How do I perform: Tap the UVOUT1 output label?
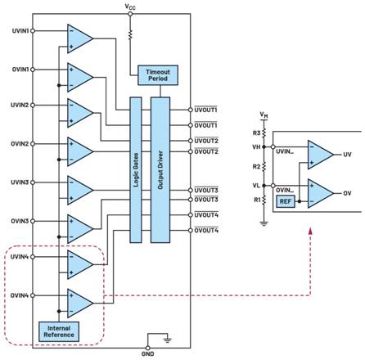(x=207, y=110)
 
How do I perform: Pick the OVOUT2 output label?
(x=207, y=151)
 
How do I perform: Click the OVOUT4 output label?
(x=207, y=230)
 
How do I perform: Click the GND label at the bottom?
(x=147, y=353)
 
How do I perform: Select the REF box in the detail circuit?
(x=285, y=200)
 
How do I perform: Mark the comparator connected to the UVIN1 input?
(x=79, y=38)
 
